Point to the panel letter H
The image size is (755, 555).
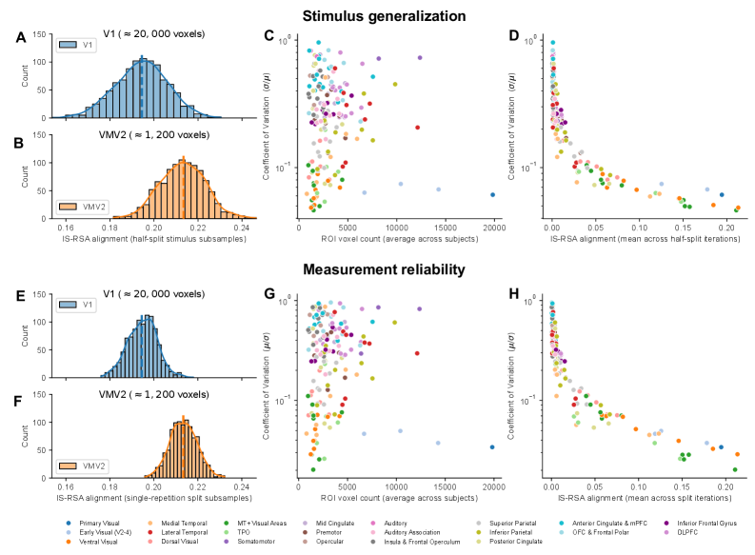(x=514, y=294)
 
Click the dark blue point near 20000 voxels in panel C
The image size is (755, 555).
(x=492, y=194)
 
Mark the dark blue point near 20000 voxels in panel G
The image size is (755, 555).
(x=492, y=446)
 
